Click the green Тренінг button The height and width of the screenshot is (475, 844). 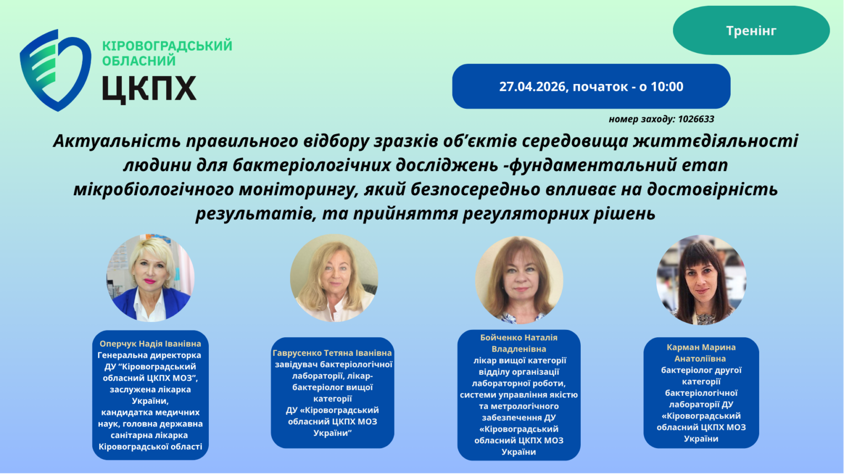pos(751,30)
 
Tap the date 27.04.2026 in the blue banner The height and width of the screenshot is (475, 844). pos(533,87)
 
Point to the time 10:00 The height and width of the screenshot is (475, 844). pos(667,87)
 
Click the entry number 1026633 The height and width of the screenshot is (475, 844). pos(696,119)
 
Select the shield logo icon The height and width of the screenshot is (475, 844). pos(55,71)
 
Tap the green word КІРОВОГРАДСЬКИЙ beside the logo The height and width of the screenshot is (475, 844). pos(167,45)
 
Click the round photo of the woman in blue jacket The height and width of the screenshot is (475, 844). pos(150,278)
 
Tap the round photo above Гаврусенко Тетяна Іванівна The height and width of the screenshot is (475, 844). pos(334,278)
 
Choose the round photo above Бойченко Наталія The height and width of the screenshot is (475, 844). pos(519,280)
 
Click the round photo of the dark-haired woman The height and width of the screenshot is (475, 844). pos(701,280)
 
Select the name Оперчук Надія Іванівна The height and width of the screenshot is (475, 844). pos(150,344)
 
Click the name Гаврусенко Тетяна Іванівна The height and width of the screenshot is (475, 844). pos(332,353)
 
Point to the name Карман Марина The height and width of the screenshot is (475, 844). pos(701,347)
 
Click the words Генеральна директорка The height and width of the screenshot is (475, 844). pos(149,355)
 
